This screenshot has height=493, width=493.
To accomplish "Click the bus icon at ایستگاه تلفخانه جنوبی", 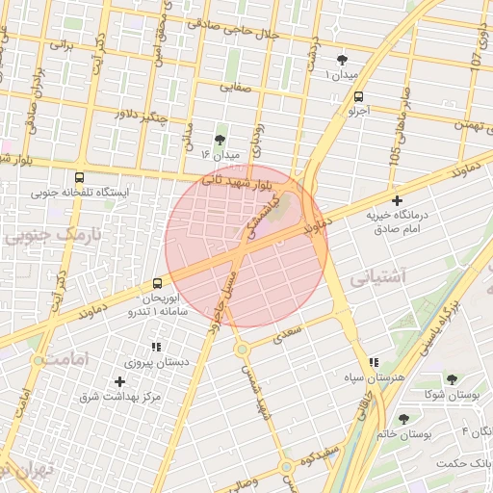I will (x=79, y=177).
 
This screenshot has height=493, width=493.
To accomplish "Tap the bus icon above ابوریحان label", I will (x=157, y=283).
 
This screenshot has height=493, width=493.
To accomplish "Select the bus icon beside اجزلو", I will (x=358, y=96).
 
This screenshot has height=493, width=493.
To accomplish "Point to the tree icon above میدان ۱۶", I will (x=221, y=140).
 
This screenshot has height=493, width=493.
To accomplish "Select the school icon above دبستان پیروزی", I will (x=155, y=347).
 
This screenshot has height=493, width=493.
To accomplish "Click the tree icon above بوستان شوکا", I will (x=452, y=379).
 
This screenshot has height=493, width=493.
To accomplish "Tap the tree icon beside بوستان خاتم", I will (x=403, y=419).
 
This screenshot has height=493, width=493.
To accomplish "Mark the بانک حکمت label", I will (x=468, y=463).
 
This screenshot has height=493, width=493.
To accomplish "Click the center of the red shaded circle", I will (x=246, y=246).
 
